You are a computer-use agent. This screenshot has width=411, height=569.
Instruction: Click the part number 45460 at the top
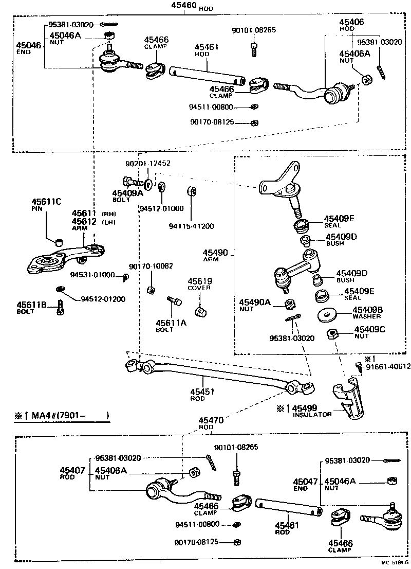182,7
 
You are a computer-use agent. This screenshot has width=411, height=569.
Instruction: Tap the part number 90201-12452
148,163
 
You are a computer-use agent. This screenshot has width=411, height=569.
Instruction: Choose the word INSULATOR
312,414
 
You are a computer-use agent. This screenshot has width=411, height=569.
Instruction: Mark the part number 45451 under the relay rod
202,392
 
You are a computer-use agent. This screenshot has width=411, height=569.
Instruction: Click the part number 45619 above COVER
199,281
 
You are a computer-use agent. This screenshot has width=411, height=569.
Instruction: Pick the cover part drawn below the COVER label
200,312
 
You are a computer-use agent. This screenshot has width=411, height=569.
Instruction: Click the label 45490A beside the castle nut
254,302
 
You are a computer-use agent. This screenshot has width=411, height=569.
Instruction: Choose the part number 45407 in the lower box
72,470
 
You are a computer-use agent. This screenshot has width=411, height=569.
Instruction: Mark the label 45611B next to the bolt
33,305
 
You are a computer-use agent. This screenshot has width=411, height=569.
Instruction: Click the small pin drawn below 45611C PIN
58,241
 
